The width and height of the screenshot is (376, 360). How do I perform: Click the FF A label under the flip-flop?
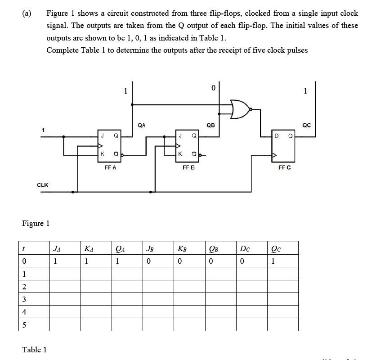(110, 167)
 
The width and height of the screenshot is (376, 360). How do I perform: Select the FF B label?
(188, 167)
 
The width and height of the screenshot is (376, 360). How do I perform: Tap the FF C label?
(284, 167)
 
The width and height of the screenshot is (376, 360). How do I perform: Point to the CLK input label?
(43, 185)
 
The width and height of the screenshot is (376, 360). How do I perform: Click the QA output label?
(141, 126)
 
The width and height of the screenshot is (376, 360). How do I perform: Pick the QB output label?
(210, 126)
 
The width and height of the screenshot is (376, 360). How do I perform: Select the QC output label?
(307, 126)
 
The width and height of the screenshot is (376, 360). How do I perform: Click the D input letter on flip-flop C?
(277, 135)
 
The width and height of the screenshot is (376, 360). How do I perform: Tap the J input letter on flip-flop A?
(103, 135)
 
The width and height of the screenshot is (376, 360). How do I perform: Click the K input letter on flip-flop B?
(180, 153)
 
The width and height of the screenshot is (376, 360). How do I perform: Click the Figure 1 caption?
(36, 223)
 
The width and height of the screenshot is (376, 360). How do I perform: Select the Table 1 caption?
(34, 350)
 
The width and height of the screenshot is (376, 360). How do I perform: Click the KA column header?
(89, 247)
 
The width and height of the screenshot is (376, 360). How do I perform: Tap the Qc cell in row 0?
(273, 261)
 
